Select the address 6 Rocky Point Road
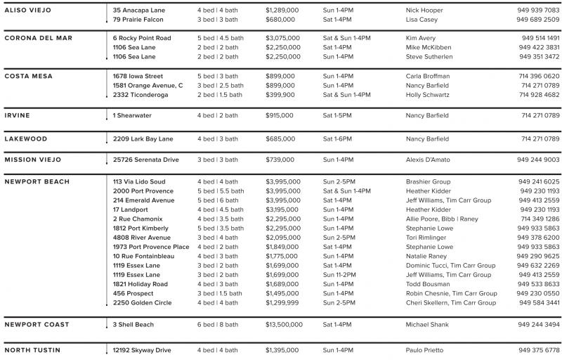tap(142, 38)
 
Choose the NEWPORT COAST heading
tap(37, 325)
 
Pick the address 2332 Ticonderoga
tap(140, 94)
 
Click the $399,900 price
tap(280, 94)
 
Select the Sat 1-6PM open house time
tap(337, 139)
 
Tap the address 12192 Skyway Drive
tap(142, 350)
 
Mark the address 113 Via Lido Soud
tap(139, 182)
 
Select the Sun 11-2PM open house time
tap(339, 275)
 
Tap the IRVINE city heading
tap(18, 115)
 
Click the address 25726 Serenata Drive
tap(145, 160)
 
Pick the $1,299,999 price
tap(282, 303)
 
